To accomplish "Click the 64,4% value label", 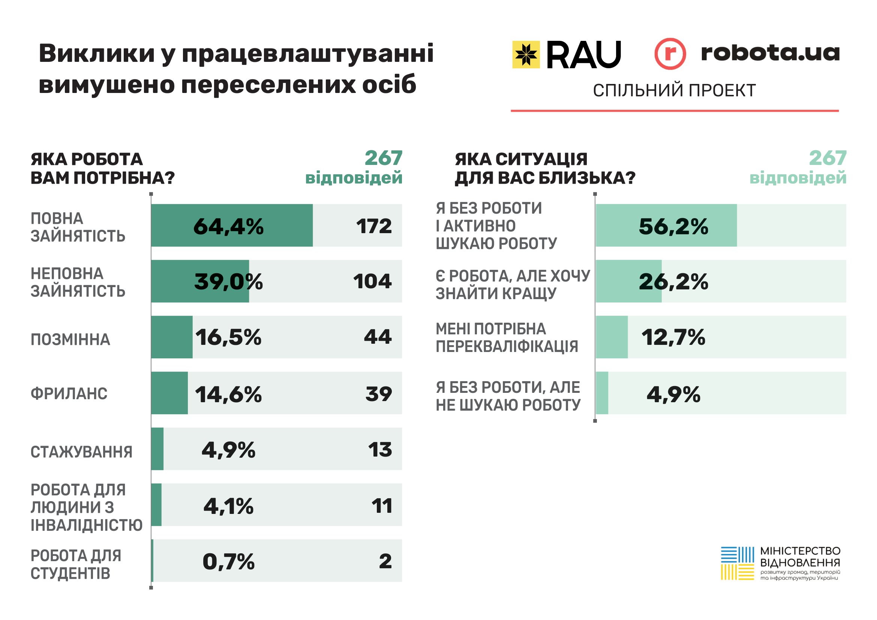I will click(228, 226).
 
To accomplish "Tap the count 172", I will click(373, 226).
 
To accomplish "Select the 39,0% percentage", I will click(228, 282).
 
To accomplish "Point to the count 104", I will click(372, 282).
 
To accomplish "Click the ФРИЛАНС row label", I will click(69, 394).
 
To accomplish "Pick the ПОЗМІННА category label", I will click(70, 339).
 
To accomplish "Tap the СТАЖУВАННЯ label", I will click(81, 452).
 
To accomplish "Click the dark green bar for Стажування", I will click(157, 449).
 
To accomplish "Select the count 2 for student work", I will click(385, 561).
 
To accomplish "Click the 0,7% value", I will click(228, 562).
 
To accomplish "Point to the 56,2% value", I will click(673, 226).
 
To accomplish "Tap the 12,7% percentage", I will click(673, 337).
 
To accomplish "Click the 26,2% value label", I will click(673, 282).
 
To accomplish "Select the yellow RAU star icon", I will click(526, 55).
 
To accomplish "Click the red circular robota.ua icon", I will click(670, 54).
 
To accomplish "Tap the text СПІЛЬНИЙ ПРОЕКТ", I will click(674, 90).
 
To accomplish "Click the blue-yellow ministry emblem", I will click(737, 563).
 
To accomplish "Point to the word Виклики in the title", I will click(97, 54).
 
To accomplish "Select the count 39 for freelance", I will click(378, 394).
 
